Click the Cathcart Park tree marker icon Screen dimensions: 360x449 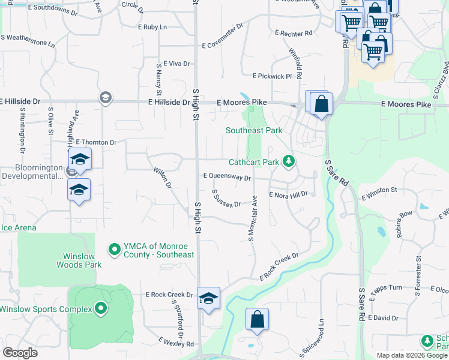click(x=289, y=161)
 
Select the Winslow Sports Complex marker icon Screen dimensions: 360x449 click(x=101, y=309)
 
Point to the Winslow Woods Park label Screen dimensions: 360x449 click(x=79, y=260)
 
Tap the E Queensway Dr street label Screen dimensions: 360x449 click(x=226, y=177)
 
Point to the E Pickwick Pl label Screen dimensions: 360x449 click(x=272, y=76)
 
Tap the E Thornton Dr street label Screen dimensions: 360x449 click(x=96, y=142)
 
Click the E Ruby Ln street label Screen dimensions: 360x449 click(x=152, y=27)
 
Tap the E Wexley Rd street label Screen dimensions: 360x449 click(x=176, y=342)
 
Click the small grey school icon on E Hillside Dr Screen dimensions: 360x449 click(x=106, y=98)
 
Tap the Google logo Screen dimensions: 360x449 click(x=20, y=353)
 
